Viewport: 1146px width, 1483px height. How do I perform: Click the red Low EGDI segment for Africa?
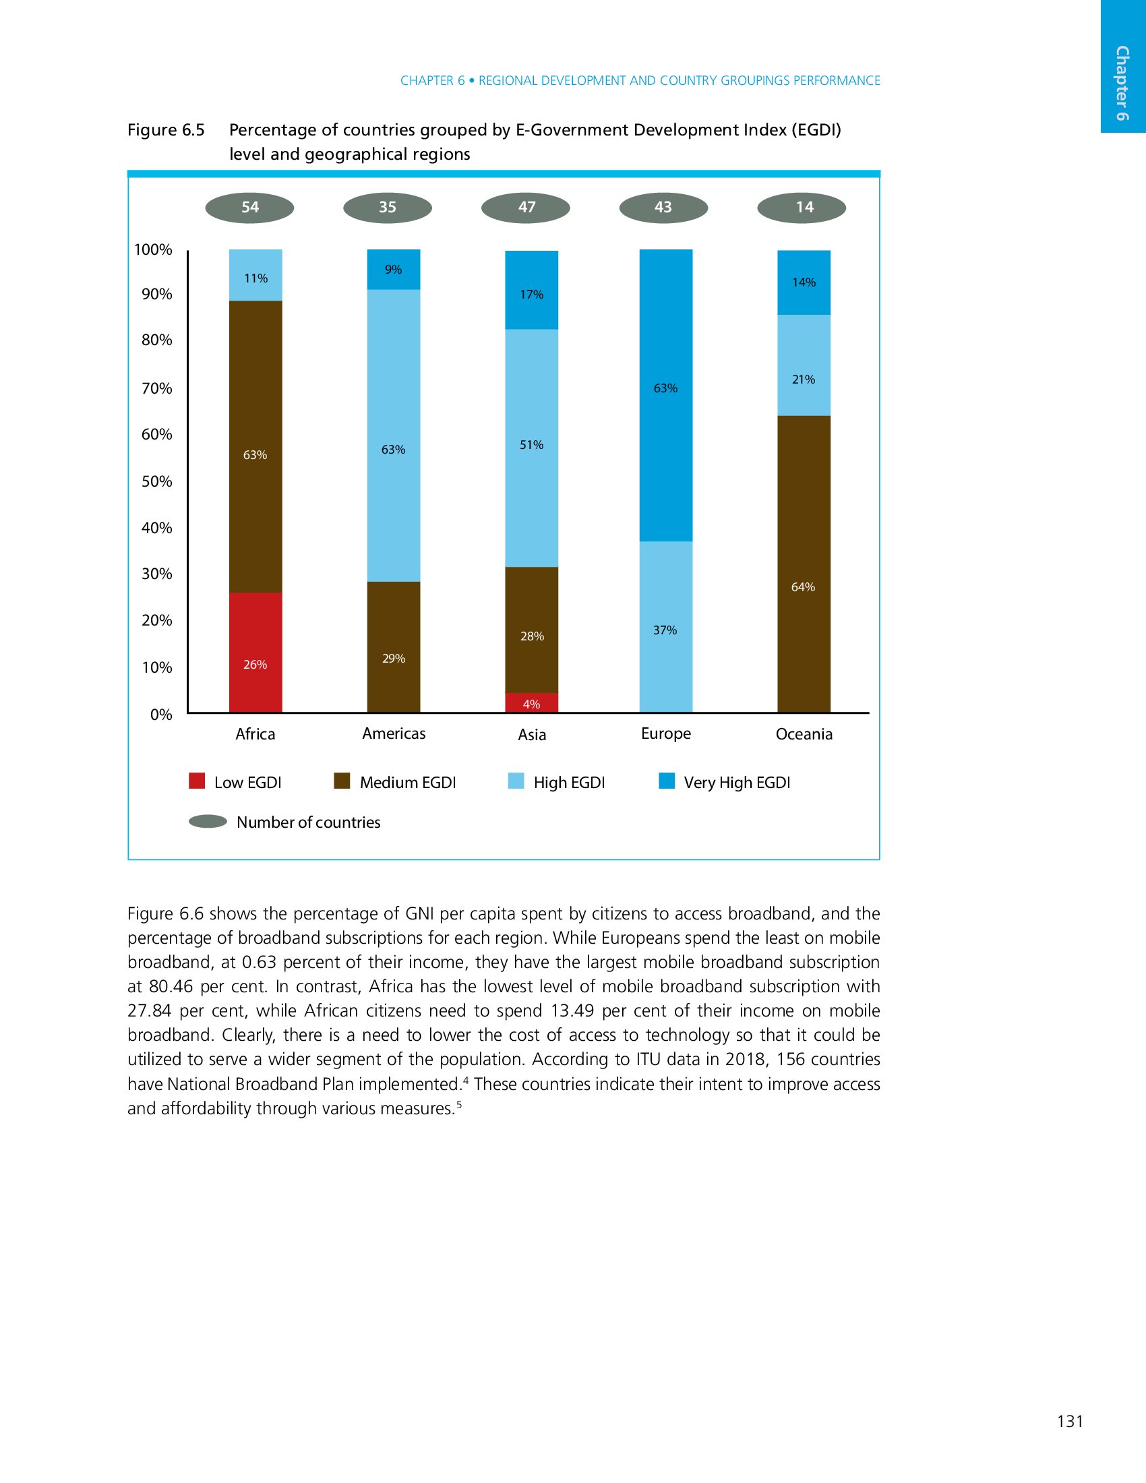[x=255, y=652]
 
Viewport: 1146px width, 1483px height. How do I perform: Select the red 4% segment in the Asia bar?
[x=532, y=703]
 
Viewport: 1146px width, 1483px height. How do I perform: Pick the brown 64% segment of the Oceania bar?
[x=803, y=564]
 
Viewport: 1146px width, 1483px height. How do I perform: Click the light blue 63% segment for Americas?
[x=393, y=435]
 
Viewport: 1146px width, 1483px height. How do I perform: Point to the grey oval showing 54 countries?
[x=250, y=208]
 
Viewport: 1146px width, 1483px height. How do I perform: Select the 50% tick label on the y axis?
[x=157, y=482]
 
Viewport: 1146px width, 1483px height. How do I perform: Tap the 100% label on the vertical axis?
[x=153, y=250]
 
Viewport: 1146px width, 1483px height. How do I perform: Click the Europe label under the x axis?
[x=665, y=733]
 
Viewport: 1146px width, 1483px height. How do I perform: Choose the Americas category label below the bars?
[x=394, y=733]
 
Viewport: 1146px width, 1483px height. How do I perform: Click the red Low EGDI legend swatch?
[x=197, y=781]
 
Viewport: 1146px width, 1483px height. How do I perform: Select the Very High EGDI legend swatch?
[x=667, y=781]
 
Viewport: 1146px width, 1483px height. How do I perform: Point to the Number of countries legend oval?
[x=208, y=822]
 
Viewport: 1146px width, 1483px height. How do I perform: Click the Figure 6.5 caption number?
[x=166, y=129]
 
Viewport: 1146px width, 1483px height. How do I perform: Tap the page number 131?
[x=1070, y=1421]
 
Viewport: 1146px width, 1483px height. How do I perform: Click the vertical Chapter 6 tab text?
[x=1122, y=83]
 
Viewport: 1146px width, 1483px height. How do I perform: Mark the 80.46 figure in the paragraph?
[x=171, y=986]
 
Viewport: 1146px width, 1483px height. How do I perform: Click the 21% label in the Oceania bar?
[x=803, y=380]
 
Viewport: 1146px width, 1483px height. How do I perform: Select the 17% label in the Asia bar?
[x=532, y=295]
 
